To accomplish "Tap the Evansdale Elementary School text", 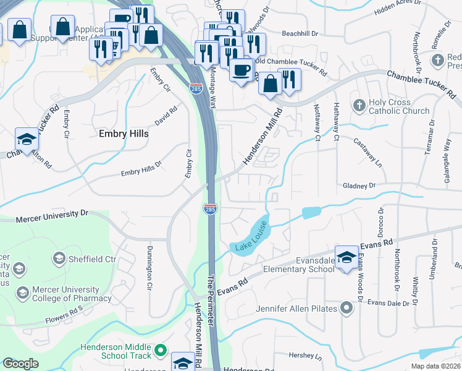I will coord(298,265).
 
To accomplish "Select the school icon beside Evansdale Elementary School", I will coord(346,258).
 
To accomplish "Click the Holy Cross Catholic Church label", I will coord(398,106).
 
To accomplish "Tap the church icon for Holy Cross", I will coord(359,106).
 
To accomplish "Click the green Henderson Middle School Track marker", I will coord(161,351).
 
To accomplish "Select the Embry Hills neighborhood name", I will coord(124,133).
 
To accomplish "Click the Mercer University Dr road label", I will coord(52,215).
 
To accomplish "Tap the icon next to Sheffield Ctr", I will coord(60,257).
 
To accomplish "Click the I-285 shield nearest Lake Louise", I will coord(210,210).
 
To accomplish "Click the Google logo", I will coord(20,363).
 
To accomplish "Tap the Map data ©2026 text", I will coord(435,366).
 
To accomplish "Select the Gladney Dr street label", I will coord(359,185).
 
